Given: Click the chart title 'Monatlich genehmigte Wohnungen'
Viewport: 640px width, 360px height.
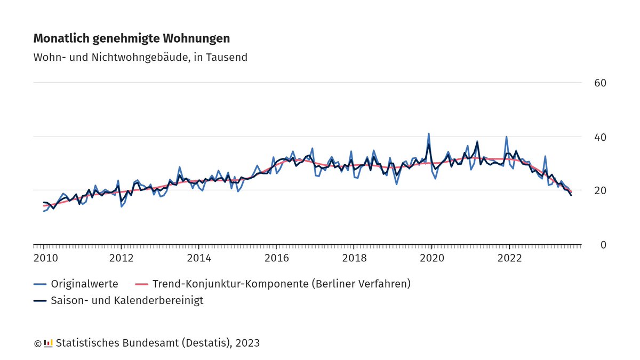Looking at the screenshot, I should click(132, 38).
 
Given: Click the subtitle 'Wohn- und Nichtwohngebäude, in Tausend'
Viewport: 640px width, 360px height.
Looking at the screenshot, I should click(140, 57).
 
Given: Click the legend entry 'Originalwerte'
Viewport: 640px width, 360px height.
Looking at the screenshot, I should click(84, 284).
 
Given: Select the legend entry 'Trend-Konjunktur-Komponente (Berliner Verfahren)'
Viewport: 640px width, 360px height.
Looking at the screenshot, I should click(281, 284).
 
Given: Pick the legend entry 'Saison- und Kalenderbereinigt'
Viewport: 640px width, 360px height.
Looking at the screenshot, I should click(126, 300).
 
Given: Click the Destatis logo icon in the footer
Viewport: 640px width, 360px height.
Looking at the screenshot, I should click(48, 343).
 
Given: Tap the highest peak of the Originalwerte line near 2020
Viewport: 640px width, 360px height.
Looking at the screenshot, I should click(429, 134).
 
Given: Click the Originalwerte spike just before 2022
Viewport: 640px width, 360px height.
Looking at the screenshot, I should click(506, 137).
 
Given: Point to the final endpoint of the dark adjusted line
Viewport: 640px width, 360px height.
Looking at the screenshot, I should click(571, 195).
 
